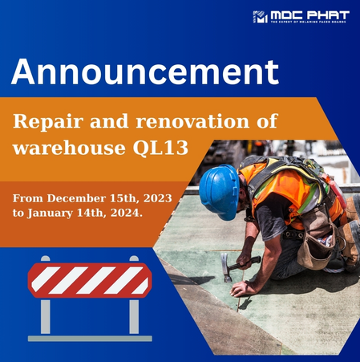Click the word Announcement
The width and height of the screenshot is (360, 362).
(x=145, y=72)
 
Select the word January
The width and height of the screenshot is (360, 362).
(x=55, y=214)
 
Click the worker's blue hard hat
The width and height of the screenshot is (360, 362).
(x=218, y=191)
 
